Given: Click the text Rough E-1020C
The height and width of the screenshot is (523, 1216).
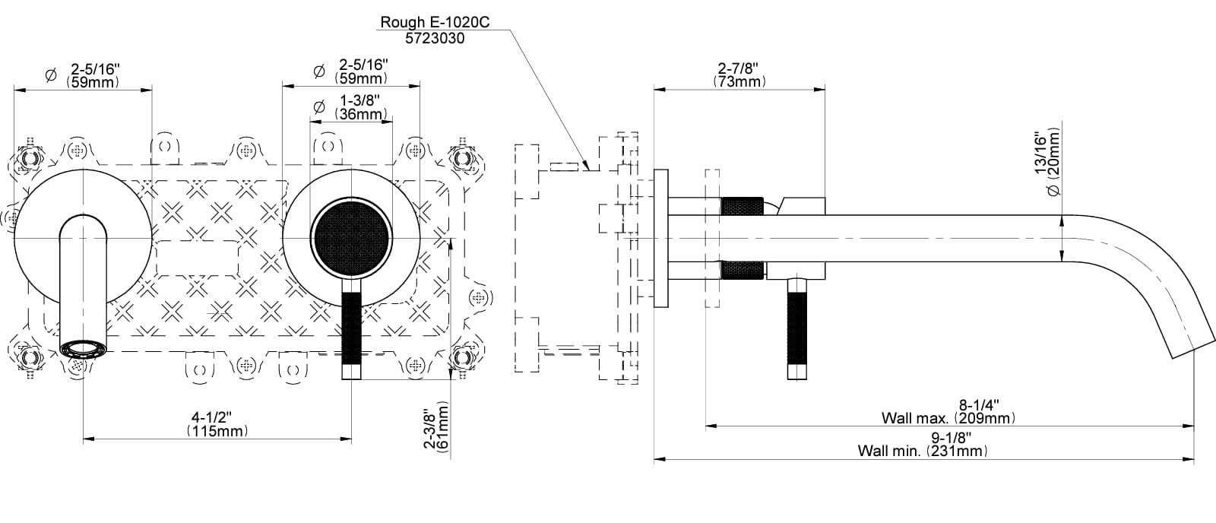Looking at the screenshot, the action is coord(434,22).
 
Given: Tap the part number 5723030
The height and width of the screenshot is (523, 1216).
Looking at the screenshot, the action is coord(435,39).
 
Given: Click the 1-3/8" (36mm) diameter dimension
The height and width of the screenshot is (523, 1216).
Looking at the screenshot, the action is coord(360,107).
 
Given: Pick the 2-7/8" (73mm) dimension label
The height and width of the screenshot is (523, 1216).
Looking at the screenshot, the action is coord(739,75).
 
